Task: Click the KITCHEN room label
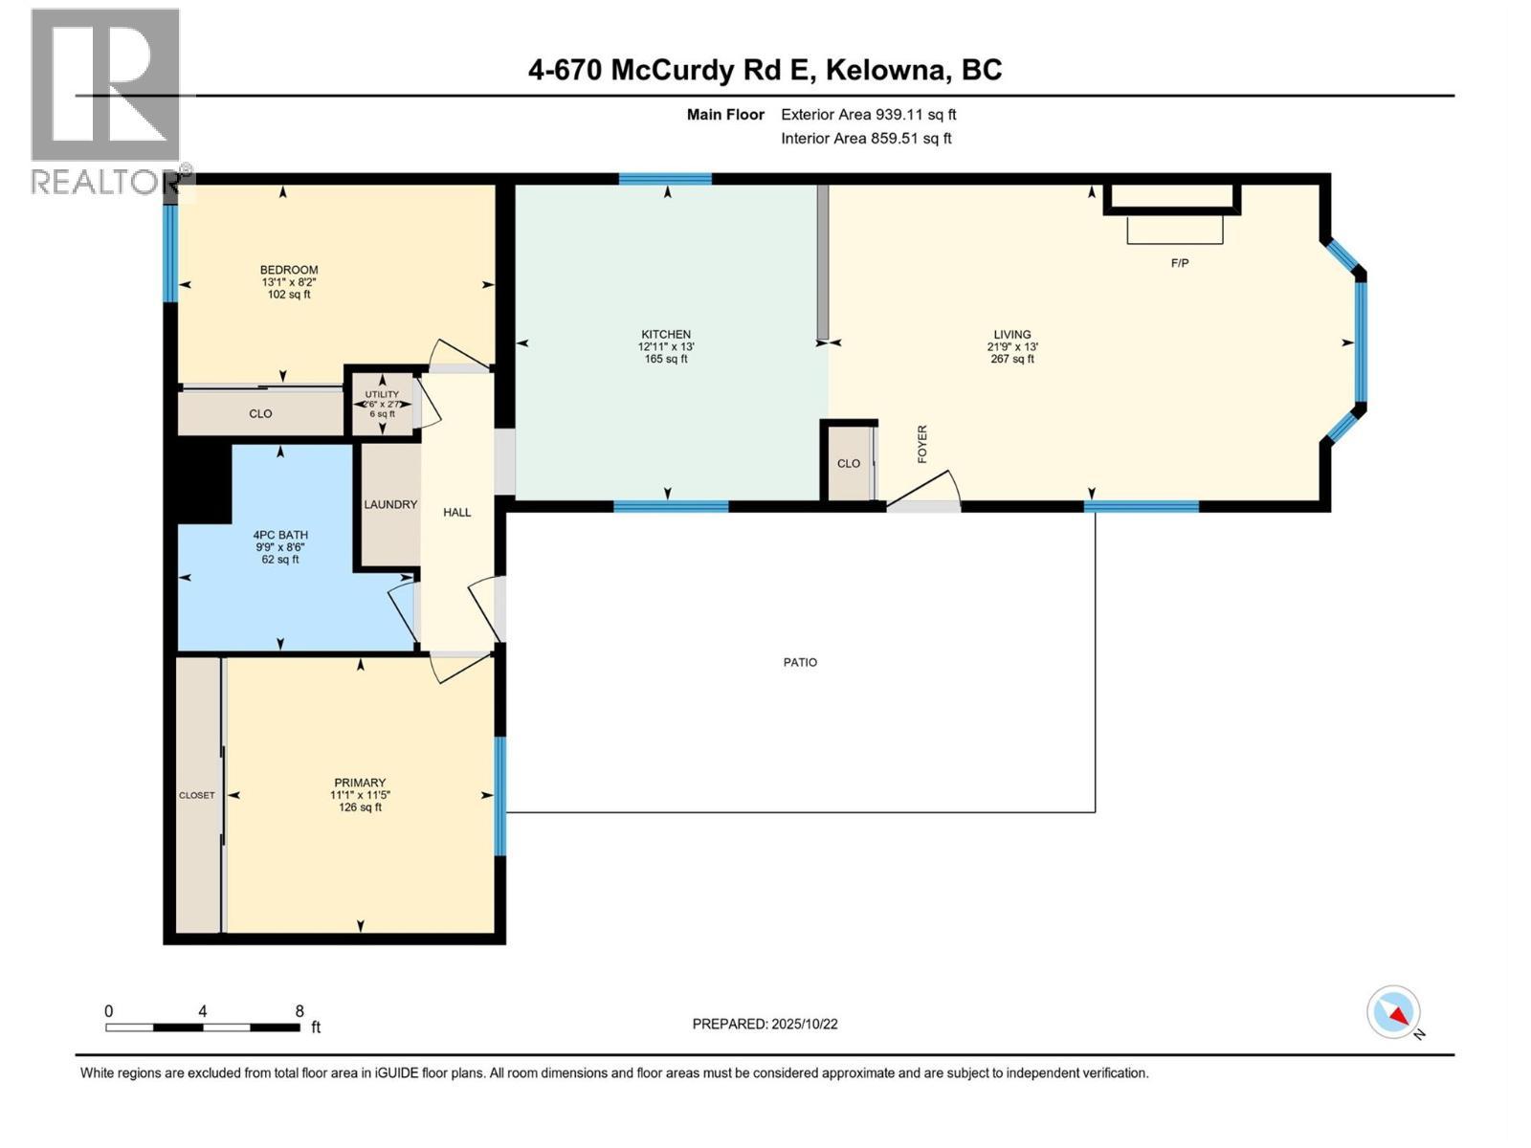(x=666, y=335)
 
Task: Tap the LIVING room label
(x=1011, y=335)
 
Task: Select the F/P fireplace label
(x=1180, y=263)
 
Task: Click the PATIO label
(x=800, y=662)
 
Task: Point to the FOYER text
(x=922, y=445)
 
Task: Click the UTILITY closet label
(x=382, y=394)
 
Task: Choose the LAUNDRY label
(x=390, y=504)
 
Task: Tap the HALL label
(x=457, y=512)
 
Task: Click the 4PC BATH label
(x=280, y=535)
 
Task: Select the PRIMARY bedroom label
(x=360, y=783)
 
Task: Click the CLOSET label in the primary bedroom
(x=197, y=795)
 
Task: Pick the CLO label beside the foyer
(x=849, y=463)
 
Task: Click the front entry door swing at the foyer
(x=924, y=488)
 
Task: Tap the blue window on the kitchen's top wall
(x=665, y=179)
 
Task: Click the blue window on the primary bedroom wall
(x=500, y=795)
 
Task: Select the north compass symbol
(x=1394, y=1012)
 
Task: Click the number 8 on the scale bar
(x=300, y=1011)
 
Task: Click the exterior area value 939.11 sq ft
(x=916, y=115)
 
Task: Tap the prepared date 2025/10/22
(x=804, y=1024)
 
